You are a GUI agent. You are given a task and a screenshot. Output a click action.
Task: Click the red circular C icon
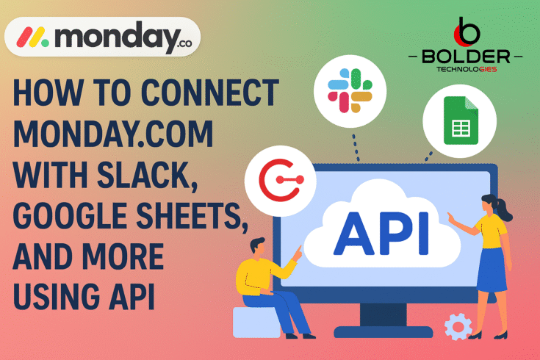[285, 178]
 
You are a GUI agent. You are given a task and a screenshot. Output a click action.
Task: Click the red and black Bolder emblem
[468, 29]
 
